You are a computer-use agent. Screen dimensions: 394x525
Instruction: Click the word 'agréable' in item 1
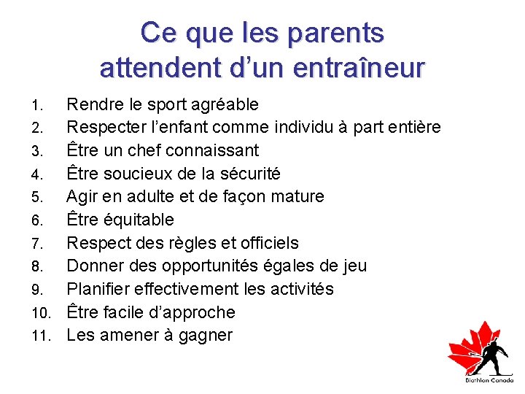pos(226,104)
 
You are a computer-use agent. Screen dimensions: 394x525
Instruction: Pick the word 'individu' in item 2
pos(305,127)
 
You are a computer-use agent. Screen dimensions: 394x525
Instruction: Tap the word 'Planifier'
pos(98,289)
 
